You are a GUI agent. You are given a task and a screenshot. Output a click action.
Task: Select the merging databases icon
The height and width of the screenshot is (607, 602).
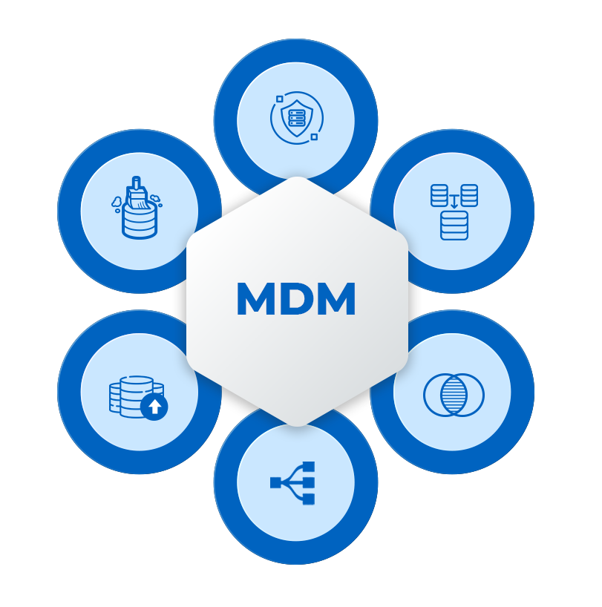tap(454, 211)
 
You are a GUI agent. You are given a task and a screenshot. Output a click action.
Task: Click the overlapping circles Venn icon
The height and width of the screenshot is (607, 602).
tap(454, 394)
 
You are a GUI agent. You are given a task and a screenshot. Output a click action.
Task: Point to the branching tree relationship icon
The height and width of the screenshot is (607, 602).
tap(294, 483)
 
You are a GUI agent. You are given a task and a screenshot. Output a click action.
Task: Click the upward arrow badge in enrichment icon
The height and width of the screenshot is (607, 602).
tap(154, 406)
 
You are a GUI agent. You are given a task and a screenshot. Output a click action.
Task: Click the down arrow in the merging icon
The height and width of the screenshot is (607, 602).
tap(454, 200)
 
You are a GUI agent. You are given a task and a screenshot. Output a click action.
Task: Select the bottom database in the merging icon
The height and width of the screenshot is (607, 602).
tap(454, 226)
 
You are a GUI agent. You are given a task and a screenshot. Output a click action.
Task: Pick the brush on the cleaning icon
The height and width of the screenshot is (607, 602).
tap(136, 192)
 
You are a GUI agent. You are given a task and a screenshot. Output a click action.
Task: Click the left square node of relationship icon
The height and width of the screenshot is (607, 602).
tap(275, 483)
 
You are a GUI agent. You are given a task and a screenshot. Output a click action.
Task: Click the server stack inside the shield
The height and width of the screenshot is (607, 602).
tap(296, 117)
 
